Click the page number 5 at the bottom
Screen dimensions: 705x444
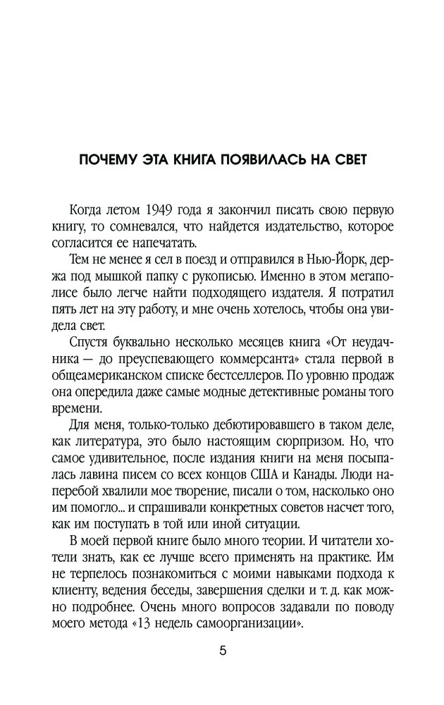point(222,651)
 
